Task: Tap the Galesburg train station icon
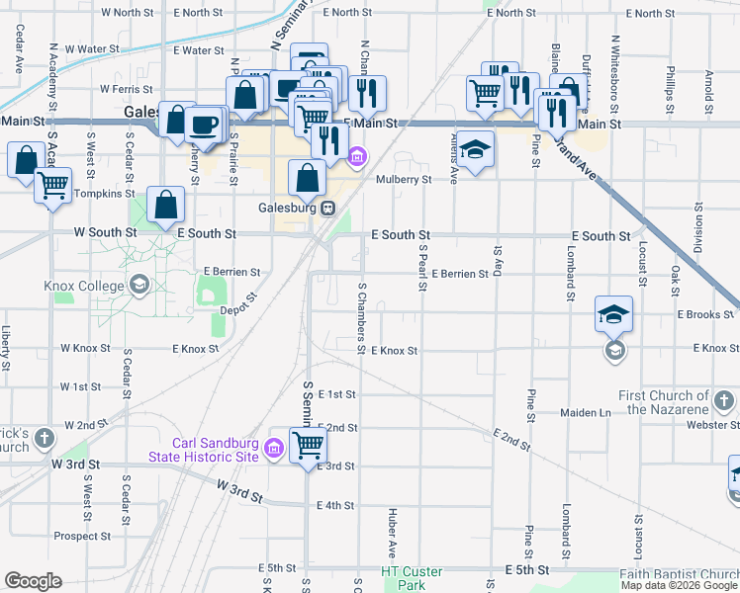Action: click(x=325, y=209)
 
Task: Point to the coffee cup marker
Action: click(x=204, y=125)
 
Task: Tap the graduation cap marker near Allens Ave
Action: click(x=476, y=149)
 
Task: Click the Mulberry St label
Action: click(x=404, y=180)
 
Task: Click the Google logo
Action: click(x=33, y=581)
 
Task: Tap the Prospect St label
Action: click(x=82, y=537)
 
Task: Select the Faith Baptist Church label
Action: click(x=679, y=574)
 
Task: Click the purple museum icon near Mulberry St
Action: click(x=357, y=155)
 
